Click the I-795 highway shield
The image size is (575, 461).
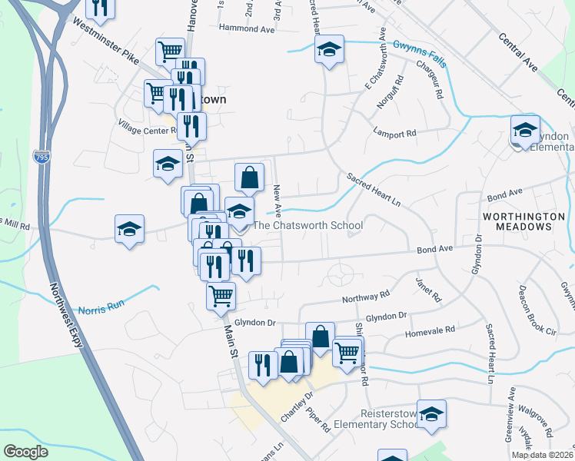point(40,156)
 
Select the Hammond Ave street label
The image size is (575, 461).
point(246,28)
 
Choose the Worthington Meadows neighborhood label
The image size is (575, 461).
point(518,222)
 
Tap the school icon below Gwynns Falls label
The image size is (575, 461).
point(329,51)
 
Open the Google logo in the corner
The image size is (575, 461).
point(25,452)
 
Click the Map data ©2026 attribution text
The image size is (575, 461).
point(543,455)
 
